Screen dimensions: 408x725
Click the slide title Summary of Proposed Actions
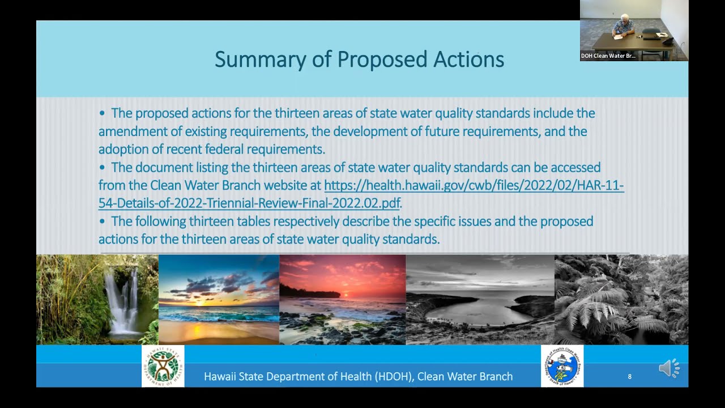coord(359,59)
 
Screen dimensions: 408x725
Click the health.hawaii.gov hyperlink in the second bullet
coord(474,185)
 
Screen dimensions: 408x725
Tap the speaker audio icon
coord(668,368)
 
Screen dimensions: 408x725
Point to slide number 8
coord(629,376)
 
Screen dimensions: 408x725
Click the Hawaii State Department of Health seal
coord(163,366)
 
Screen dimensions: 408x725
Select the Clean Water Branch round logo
coord(562,366)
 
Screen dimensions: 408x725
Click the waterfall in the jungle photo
coord(122,300)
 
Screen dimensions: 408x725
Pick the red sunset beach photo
coord(342,299)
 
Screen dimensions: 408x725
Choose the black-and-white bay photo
coord(480,299)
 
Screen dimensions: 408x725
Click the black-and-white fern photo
coord(621,299)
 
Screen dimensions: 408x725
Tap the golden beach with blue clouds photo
coord(219,299)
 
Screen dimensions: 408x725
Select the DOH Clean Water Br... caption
coord(608,56)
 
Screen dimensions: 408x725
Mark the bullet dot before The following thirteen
coord(102,221)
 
